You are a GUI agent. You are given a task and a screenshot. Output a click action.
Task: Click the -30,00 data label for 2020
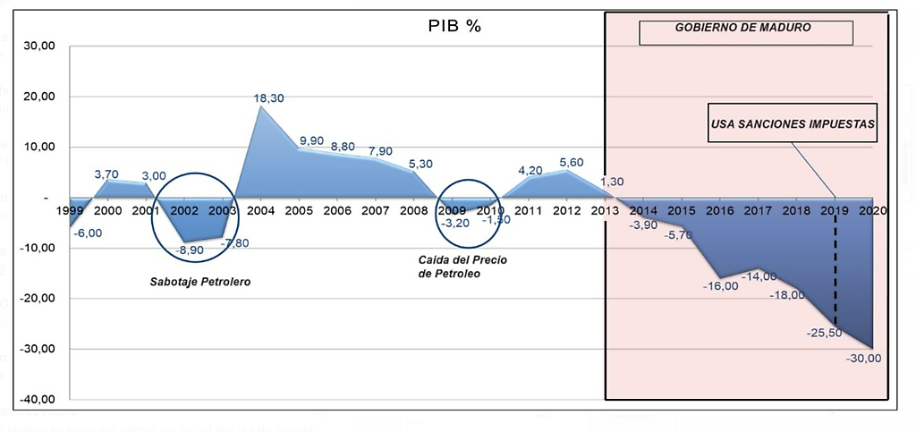point(863,359)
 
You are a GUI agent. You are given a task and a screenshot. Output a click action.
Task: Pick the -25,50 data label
point(826,333)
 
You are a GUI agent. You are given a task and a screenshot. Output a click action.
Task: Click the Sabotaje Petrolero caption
point(199,283)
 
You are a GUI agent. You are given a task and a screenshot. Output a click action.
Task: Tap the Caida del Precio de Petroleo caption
point(456,267)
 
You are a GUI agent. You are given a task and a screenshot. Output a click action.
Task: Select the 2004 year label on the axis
point(259,211)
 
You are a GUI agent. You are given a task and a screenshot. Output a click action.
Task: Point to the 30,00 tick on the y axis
point(42,47)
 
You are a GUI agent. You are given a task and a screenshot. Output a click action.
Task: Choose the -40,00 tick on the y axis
point(40,399)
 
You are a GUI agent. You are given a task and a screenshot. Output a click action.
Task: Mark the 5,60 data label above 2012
point(570,162)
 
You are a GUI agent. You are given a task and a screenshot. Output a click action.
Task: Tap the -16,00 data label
point(720,285)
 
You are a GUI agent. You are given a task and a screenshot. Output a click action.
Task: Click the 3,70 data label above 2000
point(107,173)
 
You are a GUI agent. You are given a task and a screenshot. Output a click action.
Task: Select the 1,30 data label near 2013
point(613,182)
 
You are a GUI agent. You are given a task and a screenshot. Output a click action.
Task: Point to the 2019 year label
point(833,211)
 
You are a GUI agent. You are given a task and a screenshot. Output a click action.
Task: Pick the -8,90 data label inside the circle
point(191,250)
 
